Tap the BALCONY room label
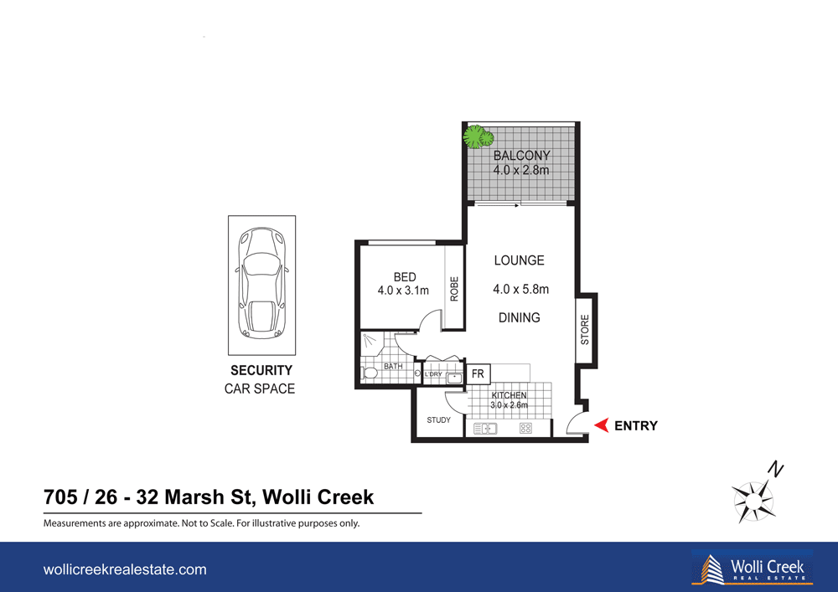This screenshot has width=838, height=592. click(521, 156)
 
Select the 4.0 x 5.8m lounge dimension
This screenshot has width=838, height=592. click(520, 290)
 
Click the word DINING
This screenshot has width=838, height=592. click(519, 317)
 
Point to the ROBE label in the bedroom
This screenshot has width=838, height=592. click(454, 289)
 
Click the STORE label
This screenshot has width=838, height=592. click(585, 329)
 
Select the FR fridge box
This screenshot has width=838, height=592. click(478, 373)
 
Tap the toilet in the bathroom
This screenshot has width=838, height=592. click(369, 373)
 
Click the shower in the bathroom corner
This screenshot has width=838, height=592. click(371, 342)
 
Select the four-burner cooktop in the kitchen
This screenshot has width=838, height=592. click(525, 428)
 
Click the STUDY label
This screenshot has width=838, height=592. click(438, 420)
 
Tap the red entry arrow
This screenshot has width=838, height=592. click(600, 426)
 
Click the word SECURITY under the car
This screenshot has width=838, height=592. click(261, 370)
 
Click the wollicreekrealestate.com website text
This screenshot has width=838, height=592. click(125, 569)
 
